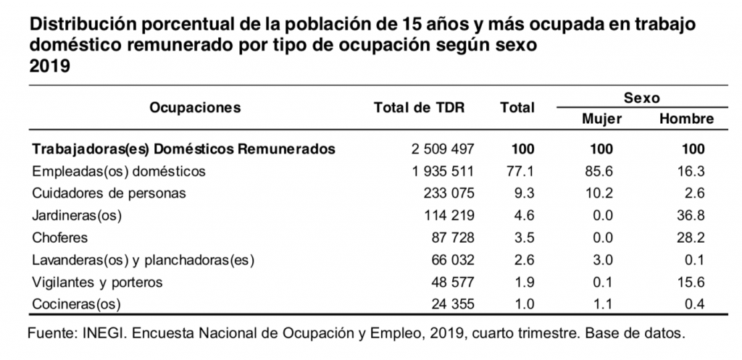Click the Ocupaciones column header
pyautogui.click(x=195, y=108)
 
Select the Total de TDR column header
pyautogui.click(x=420, y=108)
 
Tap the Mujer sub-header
pyautogui.click(x=602, y=119)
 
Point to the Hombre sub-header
pyautogui.click(x=686, y=119)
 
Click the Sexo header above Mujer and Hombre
pyautogui.click(x=642, y=98)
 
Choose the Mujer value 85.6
pyautogui.click(x=602, y=172)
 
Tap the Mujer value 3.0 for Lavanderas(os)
pyautogui.click(x=602, y=259)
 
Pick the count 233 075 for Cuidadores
pyautogui.click(x=446, y=193)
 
